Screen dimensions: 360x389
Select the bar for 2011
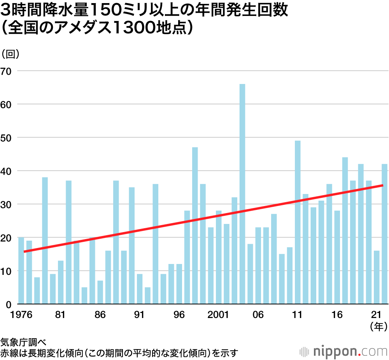click(298, 222)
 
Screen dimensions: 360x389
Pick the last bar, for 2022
click(384, 234)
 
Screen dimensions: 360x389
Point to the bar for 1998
click(195, 225)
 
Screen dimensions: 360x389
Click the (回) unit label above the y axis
click(11, 54)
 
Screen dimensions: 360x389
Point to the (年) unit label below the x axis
click(378, 327)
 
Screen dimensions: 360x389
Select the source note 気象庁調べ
click(23, 343)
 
